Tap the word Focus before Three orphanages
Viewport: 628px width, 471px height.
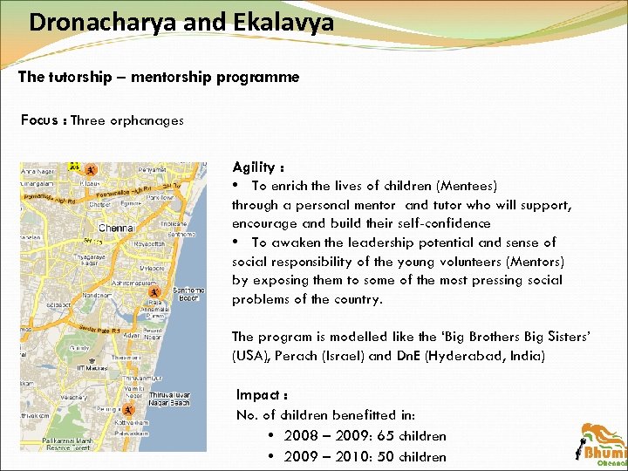coord(39,120)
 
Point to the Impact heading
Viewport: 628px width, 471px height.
coord(259,395)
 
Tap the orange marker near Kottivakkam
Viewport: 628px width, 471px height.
coord(128,410)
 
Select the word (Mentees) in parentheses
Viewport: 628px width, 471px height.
coord(467,186)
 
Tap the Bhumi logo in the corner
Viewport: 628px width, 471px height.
coord(602,445)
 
